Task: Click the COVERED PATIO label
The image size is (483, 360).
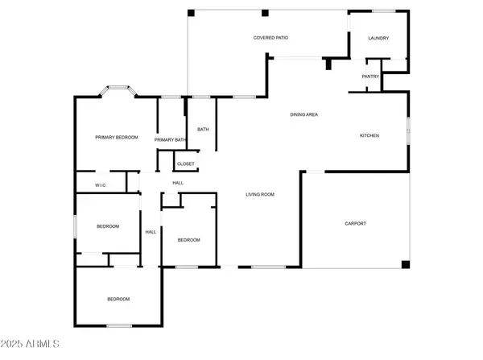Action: (270, 38)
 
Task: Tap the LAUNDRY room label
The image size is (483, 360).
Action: (378, 38)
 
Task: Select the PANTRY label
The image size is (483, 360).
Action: (370, 77)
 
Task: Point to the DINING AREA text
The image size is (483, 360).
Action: (303, 114)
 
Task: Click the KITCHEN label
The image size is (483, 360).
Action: (369, 135)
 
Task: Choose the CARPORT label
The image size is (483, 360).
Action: (355, 223)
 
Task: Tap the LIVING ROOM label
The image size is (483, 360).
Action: (260, 194)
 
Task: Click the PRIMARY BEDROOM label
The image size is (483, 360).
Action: (117, 138)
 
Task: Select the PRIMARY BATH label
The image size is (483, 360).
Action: (170, 140)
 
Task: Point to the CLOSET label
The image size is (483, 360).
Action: (185, 164)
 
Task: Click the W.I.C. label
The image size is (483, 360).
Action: (101, 185)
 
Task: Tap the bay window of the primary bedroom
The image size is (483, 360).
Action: (118, 88)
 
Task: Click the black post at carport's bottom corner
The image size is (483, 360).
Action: (406, 264)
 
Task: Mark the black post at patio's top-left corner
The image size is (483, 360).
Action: (191, 13)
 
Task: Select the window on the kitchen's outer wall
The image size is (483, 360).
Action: (408, 131)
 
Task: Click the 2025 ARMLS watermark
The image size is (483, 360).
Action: (30, 344)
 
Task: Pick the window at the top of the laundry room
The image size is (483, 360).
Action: (383, 11)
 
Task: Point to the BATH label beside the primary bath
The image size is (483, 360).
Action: (203, 130)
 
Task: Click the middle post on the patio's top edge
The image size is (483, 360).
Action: (265, 13)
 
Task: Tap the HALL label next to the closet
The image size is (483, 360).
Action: (178, 183)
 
